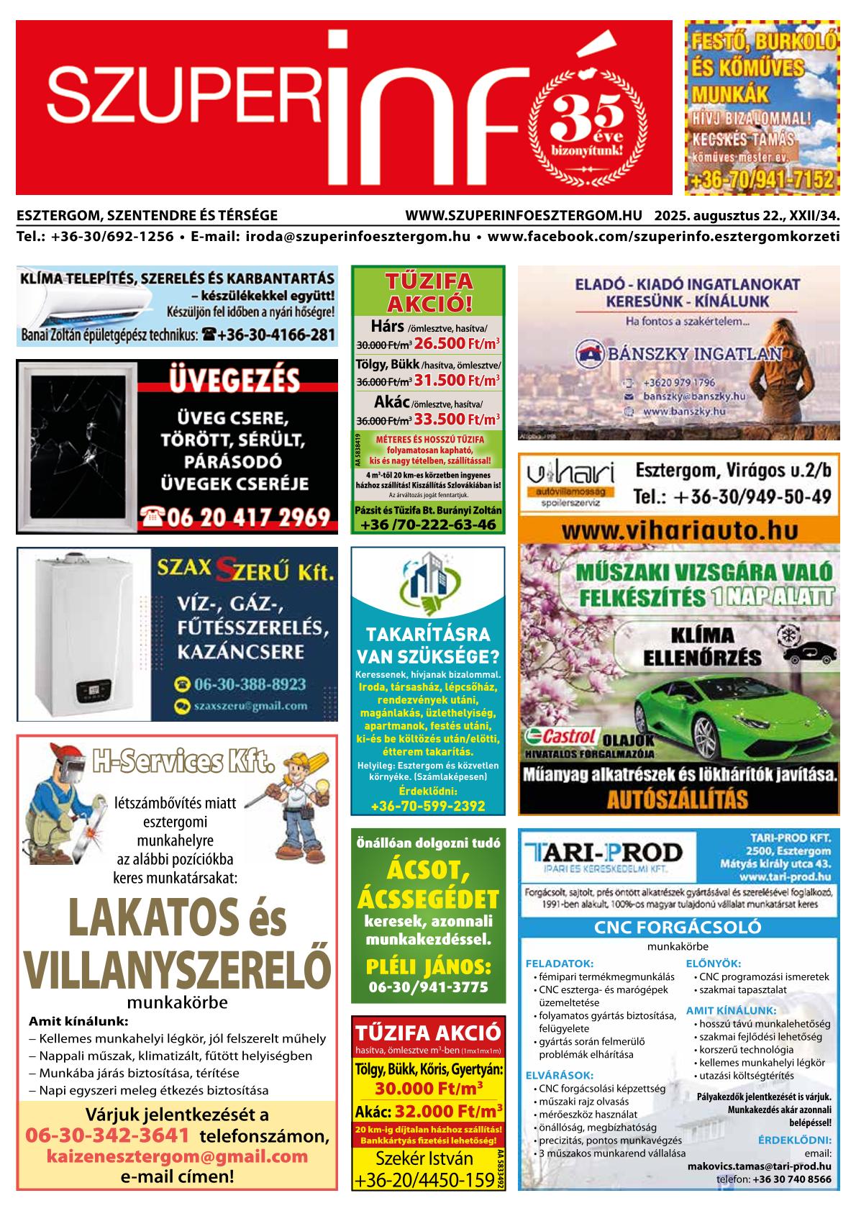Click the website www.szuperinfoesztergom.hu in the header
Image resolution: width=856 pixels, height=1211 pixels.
click(x=523, y=215)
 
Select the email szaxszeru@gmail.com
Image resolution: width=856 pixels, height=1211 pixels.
click(x=250, y=706)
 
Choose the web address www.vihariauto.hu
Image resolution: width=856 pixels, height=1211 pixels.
click(x=679, y=530)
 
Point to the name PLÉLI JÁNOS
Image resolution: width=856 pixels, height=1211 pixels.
click(x=428, y=965)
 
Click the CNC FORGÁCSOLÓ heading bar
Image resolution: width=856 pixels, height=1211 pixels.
click(x=678, y=927)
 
